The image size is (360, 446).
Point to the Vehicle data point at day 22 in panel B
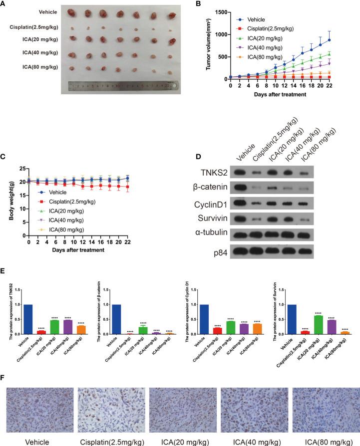tap(343, 40)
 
